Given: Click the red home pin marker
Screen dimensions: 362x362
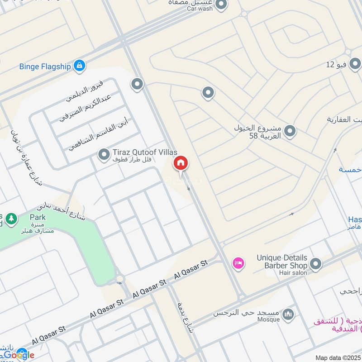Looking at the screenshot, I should pos(181,163).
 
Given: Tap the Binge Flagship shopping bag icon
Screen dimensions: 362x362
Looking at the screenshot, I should pos(80,66).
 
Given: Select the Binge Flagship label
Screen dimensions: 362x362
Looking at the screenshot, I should pos(45,67).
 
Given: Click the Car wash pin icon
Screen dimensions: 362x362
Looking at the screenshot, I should pos(221,5).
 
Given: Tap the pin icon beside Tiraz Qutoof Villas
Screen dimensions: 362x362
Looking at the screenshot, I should pos(105,155).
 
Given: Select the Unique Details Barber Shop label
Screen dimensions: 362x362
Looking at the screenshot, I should pos(282,261).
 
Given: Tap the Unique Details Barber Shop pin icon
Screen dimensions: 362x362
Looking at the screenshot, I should pos(316,263).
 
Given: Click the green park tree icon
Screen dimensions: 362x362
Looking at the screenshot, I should pos(11,219).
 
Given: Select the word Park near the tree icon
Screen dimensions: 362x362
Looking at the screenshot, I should pos(38,217).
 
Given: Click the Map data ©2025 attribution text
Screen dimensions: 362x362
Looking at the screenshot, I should pos(337,357).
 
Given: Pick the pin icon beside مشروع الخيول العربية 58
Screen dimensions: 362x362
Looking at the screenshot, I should pos(290,132).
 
